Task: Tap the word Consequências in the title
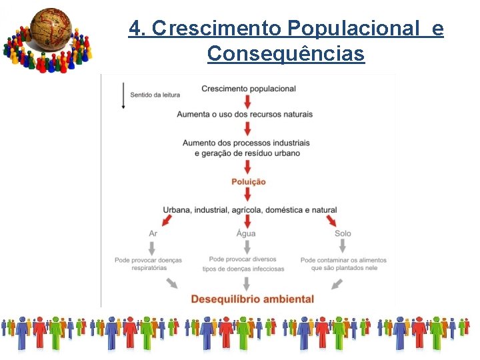pos(286,53)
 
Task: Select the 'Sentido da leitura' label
pos(155,95)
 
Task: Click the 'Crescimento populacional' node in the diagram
pos(248,89)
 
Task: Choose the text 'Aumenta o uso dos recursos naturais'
pos(245,114)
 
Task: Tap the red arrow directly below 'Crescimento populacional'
pos(248,101)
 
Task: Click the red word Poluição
pos(249,181)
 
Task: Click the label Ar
pos(153,233)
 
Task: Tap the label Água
pos(246,233)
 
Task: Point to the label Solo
pos(343,233)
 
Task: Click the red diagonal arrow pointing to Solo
pos(329,221)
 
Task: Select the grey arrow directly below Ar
pos(153,247)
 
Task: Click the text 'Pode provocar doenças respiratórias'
pos(149,264)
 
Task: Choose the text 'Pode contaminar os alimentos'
pos(343,260)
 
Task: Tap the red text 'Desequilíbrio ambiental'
pos(252,299)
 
